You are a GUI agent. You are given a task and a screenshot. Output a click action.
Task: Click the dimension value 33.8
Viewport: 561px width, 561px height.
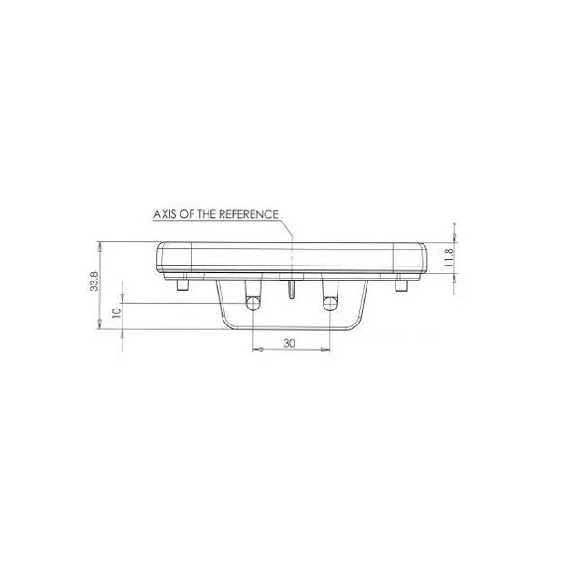point(94,280)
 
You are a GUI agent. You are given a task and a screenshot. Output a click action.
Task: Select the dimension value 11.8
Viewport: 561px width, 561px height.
point(448,257)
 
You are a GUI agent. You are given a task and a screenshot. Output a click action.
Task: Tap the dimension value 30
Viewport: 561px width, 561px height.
point(290,343)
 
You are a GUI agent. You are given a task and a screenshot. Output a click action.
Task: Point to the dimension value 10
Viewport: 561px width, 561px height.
point(116,313)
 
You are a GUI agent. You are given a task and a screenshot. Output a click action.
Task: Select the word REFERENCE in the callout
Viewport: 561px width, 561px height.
point(249,214)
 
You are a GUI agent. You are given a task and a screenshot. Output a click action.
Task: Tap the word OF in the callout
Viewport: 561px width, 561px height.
point(188,214)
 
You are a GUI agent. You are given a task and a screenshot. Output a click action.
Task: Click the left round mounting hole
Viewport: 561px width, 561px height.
point(253,303)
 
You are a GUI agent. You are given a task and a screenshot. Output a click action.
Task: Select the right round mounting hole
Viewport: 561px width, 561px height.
point(329,304)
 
